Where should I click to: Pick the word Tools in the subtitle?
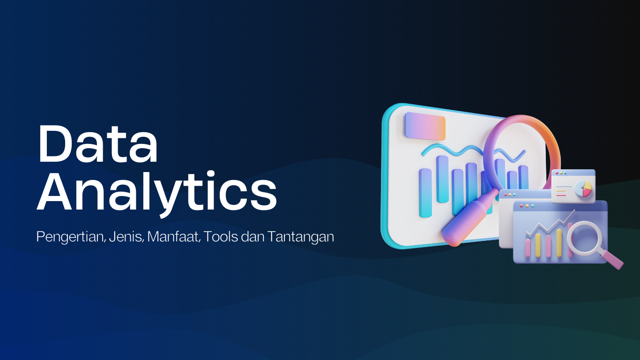tap(220, 237)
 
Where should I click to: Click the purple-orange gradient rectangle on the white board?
tap(425, 126)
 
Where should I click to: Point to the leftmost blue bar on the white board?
tap(425, 193)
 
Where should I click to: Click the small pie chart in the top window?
tap(583, 188)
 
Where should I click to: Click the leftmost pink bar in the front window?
tap(528, 247)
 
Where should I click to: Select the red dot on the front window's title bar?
tap(521, 205)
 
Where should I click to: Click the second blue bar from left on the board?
tap(442, 179)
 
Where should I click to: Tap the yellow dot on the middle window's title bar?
tap(510, 194)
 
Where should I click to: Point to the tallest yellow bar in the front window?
tap(558, 242)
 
